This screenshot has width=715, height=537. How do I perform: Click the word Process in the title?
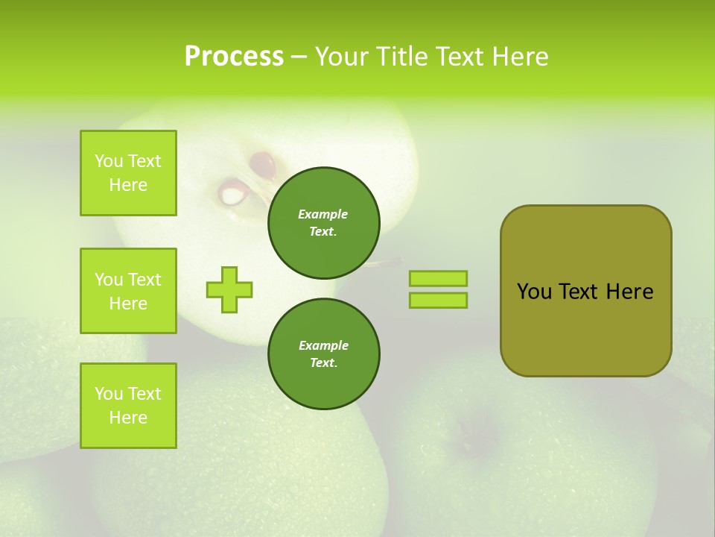tap(234, 57)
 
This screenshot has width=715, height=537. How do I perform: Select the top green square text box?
tap(128, 173)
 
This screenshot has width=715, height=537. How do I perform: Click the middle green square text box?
tap(128, 291)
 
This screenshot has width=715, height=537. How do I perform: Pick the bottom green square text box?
tap(128, 406)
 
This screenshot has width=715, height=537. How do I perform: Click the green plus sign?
tap(229, 289)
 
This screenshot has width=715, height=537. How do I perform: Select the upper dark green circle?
tap(324, 222)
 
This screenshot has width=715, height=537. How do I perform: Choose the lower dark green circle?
tap(324, 354)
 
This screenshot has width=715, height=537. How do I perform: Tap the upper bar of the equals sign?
tap(438, 278)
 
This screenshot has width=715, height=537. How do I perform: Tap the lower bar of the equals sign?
tap(438, 300)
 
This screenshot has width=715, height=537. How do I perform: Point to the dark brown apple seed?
tap(262, 164)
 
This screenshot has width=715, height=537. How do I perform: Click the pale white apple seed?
tap(233, 195)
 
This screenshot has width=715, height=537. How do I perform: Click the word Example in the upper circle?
tap(323, 214)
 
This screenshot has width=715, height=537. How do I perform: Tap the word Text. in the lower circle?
tap(324, 362)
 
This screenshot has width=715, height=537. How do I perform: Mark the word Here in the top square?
tap(128, 185)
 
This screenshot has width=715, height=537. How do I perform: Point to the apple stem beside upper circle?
tap(389, 262)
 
